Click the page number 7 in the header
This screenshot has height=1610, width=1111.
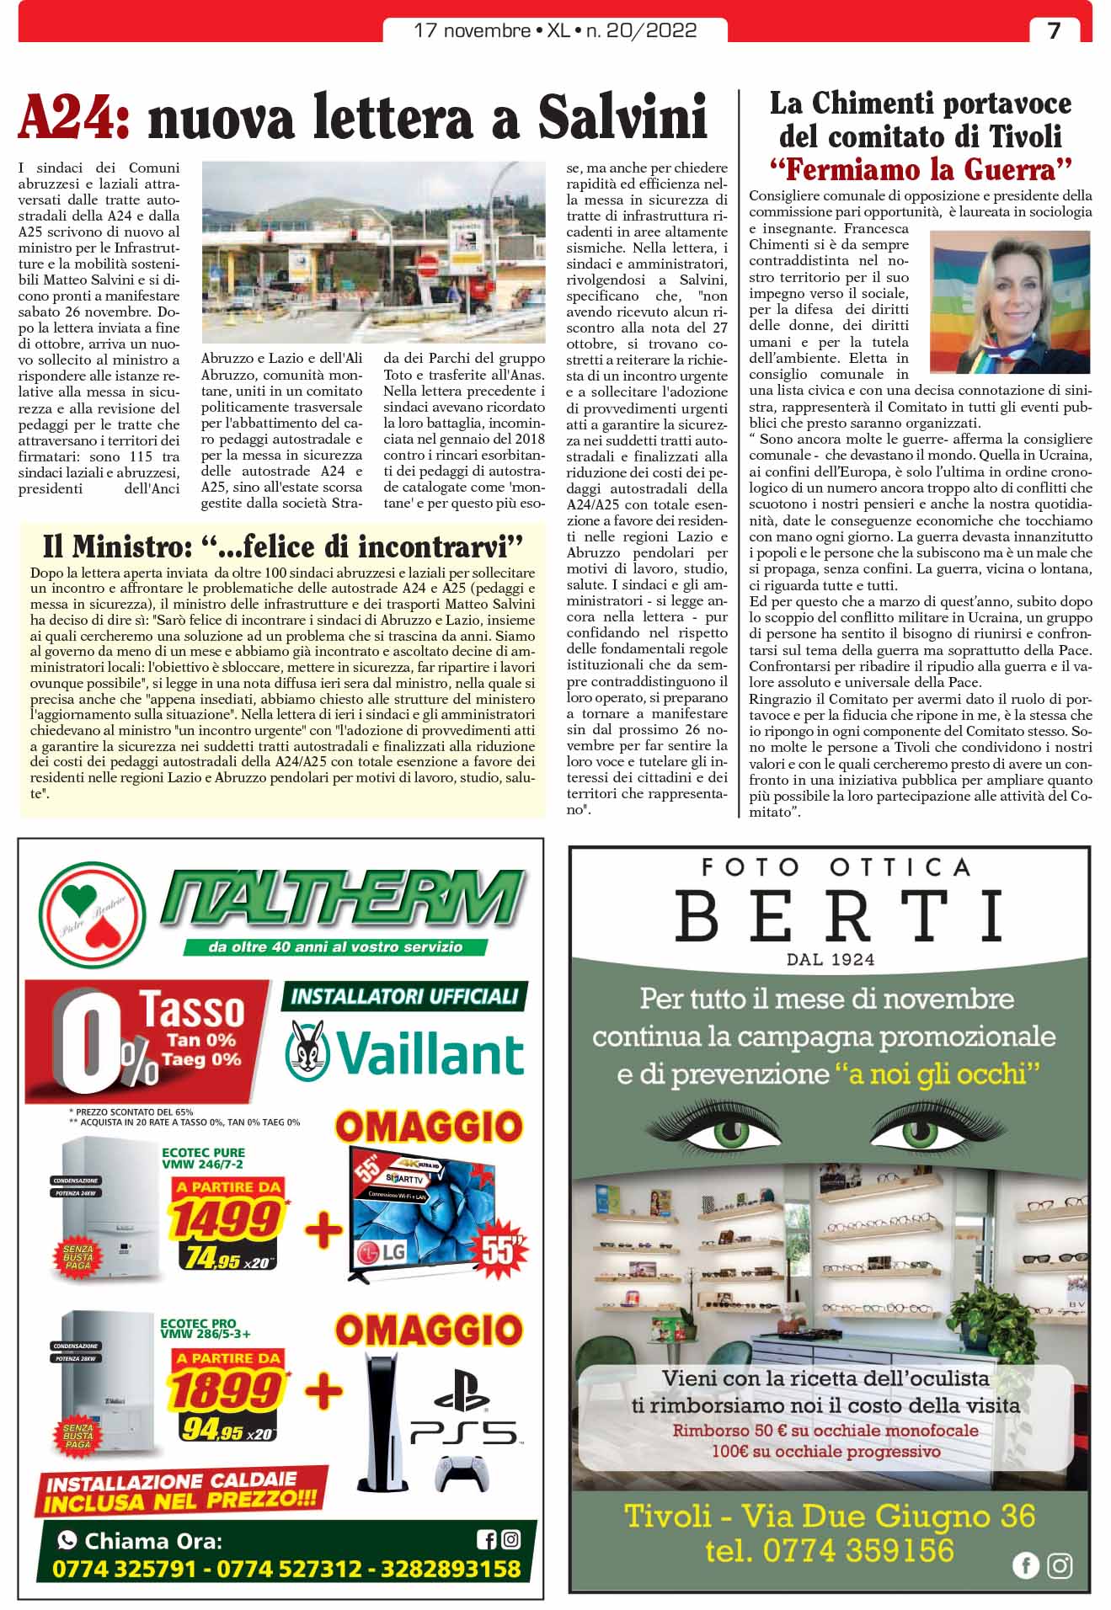click(1054, 30)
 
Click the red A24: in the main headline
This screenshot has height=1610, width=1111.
click(74, 118)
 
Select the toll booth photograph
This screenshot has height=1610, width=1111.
click(373, 252)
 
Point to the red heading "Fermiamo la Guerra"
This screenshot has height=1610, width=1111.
click(921, 170)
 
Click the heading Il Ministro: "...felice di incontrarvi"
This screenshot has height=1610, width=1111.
click(283, 547)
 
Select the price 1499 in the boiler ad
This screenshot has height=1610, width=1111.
click(226, 1218)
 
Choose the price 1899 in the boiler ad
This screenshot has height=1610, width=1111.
click(226, 1389)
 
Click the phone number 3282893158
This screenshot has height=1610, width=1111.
click(451, 1570)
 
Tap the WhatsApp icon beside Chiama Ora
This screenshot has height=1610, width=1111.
click(67, 1541)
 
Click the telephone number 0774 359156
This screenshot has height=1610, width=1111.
click(830, 1550)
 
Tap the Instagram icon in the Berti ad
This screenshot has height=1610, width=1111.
click(1060, 1565)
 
